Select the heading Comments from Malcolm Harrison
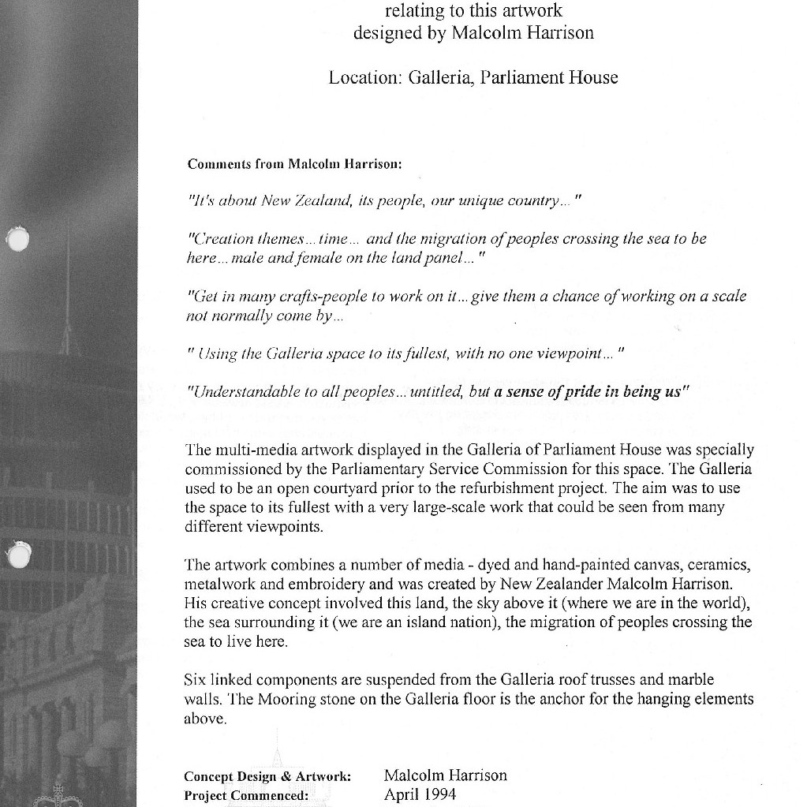(x=294, y=164)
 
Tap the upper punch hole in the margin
(x=17, y=238)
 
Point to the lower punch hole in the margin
(x=18, y=555)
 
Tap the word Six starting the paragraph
(x=195, y=679)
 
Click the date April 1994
(x=420, y=794)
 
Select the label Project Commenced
(x=245, y=795)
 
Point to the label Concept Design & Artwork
(x=267, y=776)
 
